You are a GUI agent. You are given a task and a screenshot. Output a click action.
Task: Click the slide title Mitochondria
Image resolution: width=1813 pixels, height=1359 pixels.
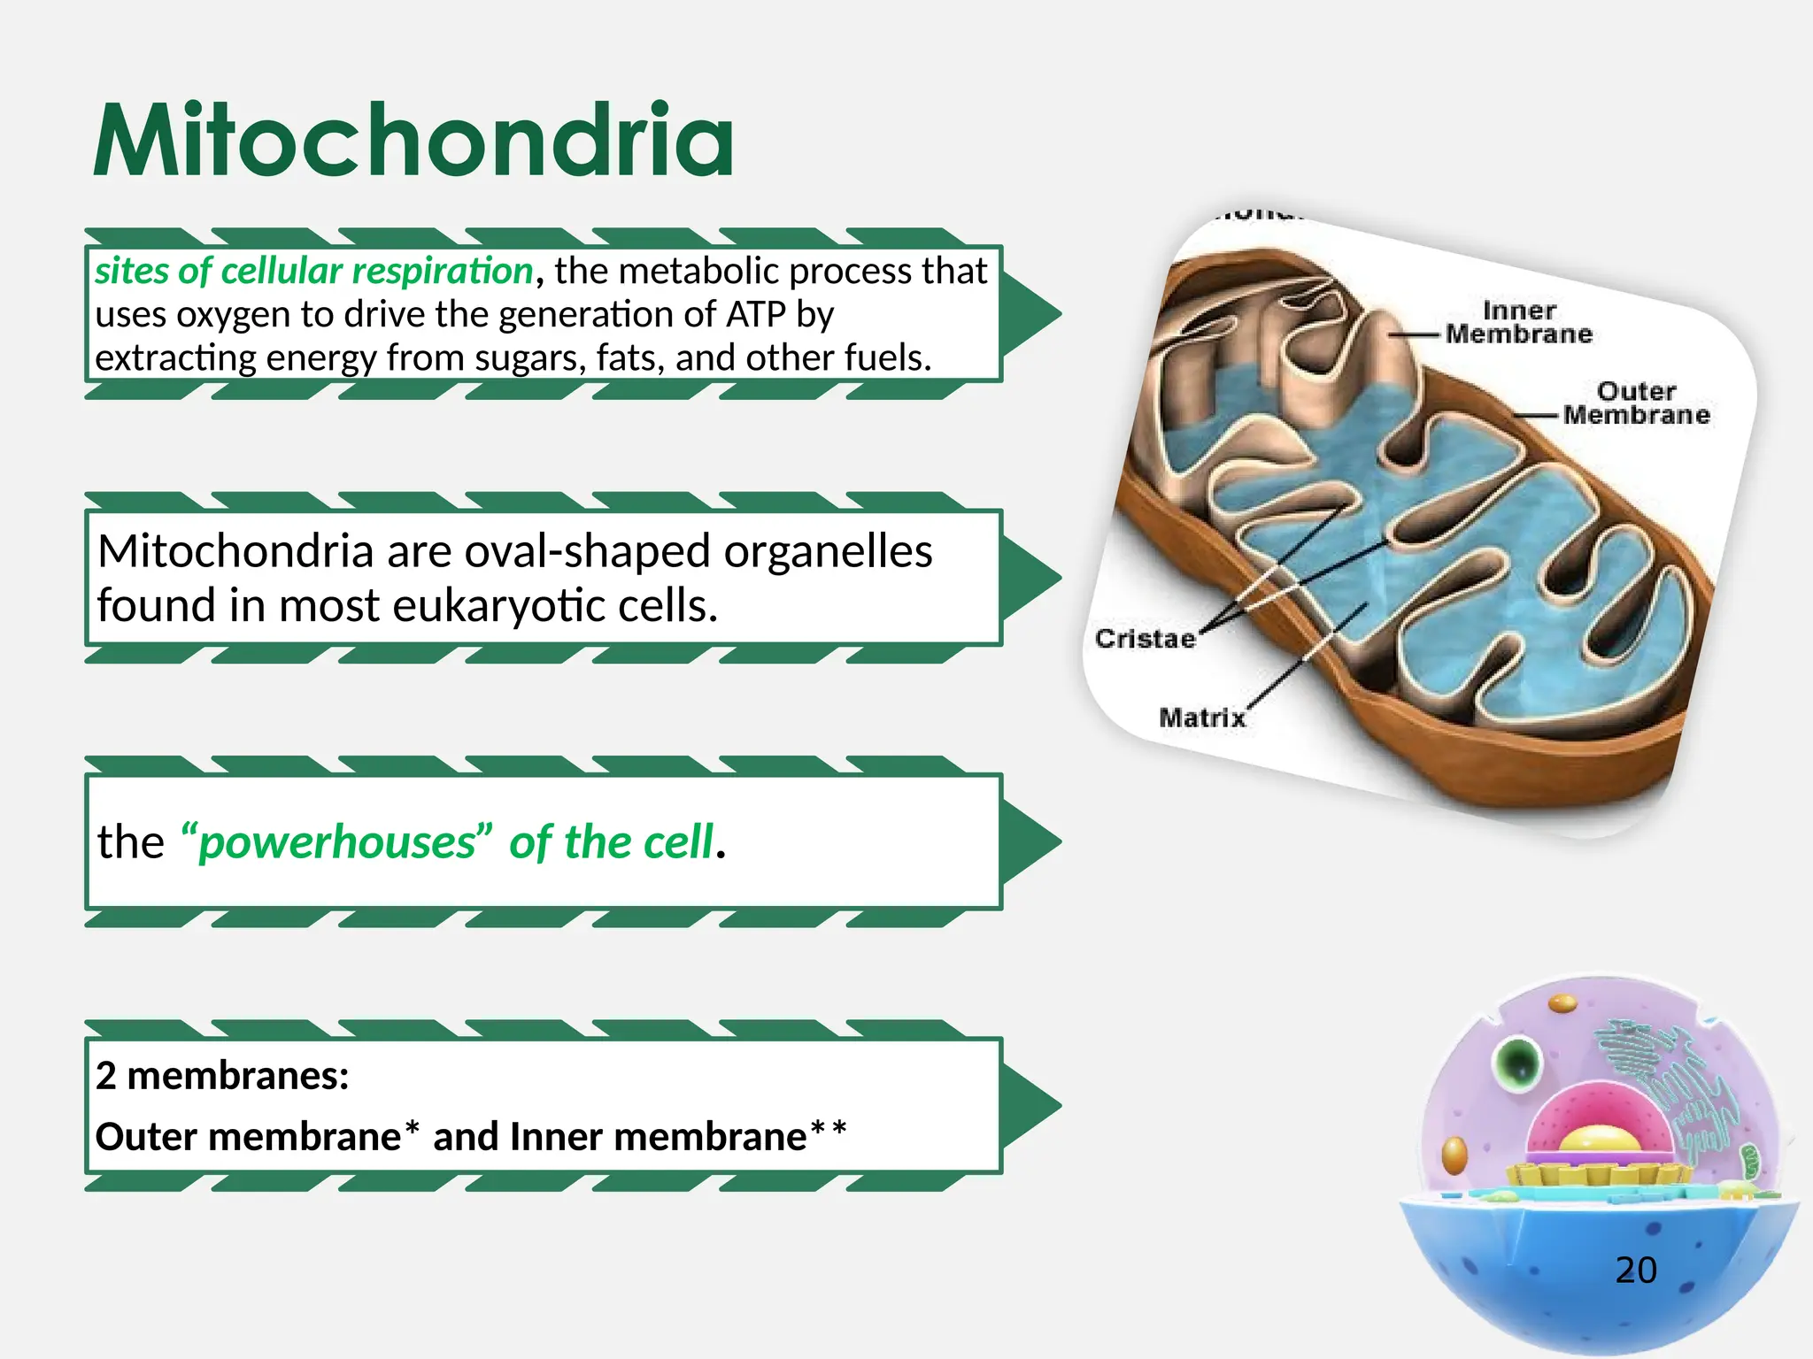(x=413, y=142)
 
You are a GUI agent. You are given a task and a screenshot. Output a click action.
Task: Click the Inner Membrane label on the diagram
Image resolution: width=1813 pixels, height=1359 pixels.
(x=1518, y=323)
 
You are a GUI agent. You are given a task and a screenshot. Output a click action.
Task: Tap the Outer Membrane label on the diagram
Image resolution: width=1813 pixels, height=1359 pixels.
(x=1635, y=403)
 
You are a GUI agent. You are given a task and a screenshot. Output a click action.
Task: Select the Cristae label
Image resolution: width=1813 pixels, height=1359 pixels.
(x=1144, y=639)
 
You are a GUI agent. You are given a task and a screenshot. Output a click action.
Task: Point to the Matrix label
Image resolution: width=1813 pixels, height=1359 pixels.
(x=1201, y=718)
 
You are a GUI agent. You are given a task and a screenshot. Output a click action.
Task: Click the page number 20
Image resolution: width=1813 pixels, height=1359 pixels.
(x=1635, y=1271)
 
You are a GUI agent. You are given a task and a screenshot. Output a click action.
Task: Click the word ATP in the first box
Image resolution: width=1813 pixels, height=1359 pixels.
(x=756, y=315)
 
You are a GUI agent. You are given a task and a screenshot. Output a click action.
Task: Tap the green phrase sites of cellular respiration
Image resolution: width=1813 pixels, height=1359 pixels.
(x=313, y=271)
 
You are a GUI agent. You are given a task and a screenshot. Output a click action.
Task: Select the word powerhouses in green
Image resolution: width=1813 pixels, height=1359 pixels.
(x=336, y=841)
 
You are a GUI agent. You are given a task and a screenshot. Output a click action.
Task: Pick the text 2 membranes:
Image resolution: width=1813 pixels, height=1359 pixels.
(x=222, y=1076)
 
